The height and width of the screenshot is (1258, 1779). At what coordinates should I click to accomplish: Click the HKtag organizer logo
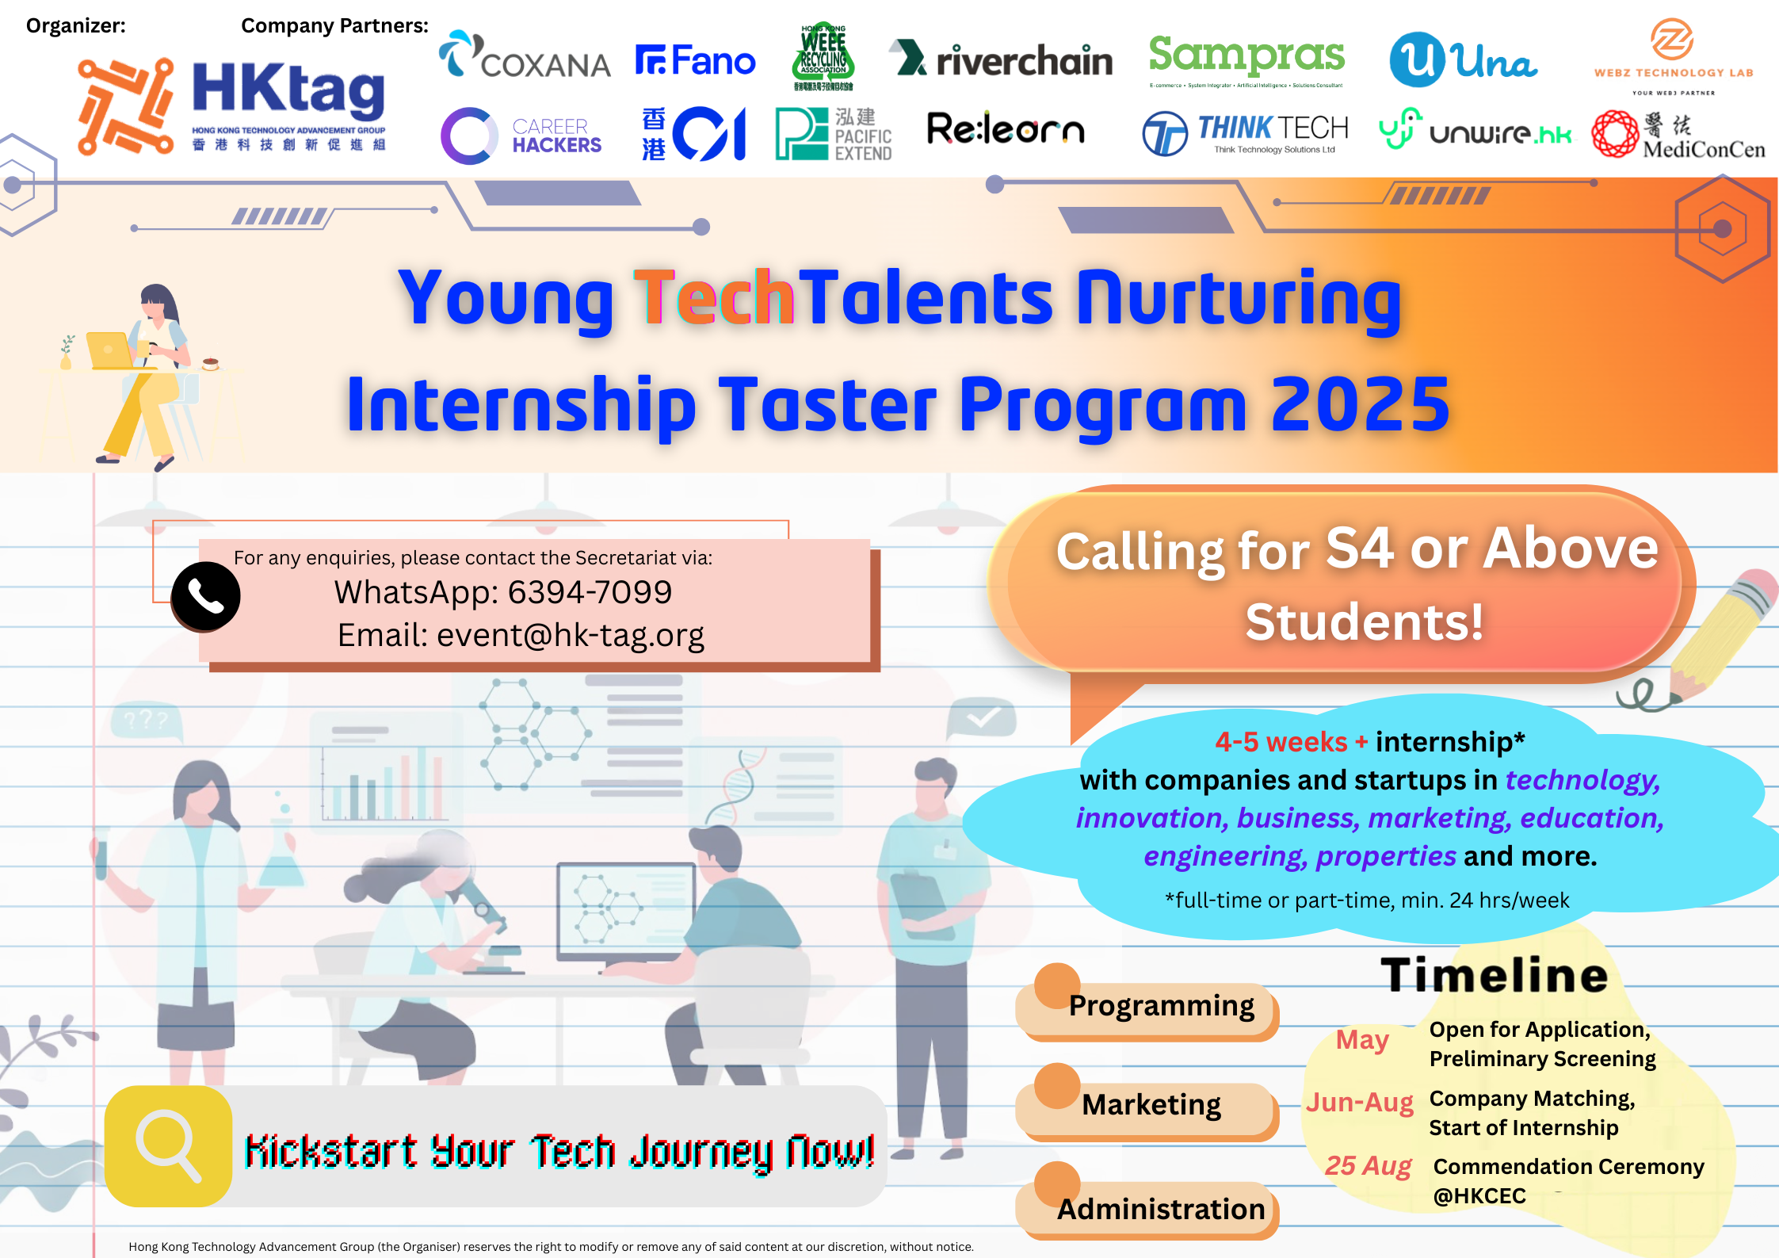coord(231,106)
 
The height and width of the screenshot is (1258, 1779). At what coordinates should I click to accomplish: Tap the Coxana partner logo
coord(525,55)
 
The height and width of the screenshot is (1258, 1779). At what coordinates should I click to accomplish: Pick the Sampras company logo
coord(1246,60)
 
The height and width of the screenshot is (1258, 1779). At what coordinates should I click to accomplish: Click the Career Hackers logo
coord(521,136)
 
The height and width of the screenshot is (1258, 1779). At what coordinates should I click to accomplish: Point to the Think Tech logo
coord(1245,133)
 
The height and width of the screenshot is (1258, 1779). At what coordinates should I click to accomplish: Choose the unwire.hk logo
coord(1475,131)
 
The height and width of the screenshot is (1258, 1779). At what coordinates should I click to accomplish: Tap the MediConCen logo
coord(1678,135)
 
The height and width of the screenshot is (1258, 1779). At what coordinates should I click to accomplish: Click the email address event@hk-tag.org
coord(571,635)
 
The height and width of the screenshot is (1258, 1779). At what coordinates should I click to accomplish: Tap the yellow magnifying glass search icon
coord(169,1146)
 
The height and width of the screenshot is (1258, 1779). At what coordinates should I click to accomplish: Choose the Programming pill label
coord(1147,1005)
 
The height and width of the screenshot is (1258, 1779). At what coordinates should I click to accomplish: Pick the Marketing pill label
coord(1147,1104)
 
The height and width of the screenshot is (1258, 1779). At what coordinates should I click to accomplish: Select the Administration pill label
coord(1147,1206)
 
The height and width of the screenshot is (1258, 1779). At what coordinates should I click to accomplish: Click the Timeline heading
coord(1494,974)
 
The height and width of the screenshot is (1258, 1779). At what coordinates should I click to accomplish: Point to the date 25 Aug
coord(1369,1165)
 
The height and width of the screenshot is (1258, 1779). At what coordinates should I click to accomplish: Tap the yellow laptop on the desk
coord(110,350)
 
